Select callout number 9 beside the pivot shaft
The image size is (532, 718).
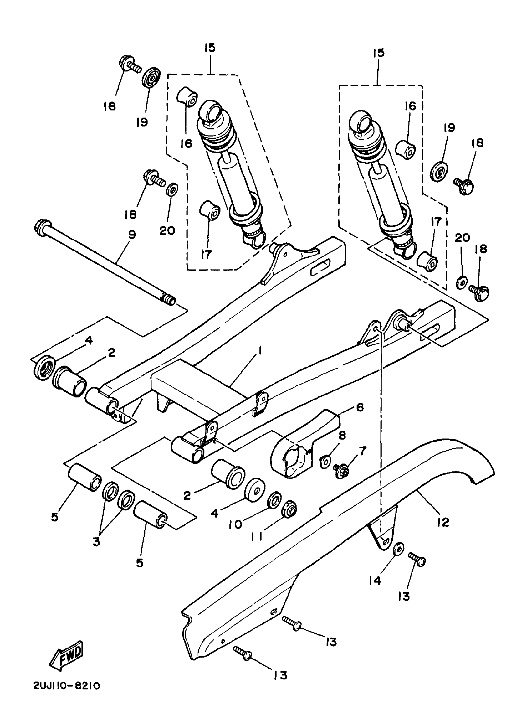coord(132,235)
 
